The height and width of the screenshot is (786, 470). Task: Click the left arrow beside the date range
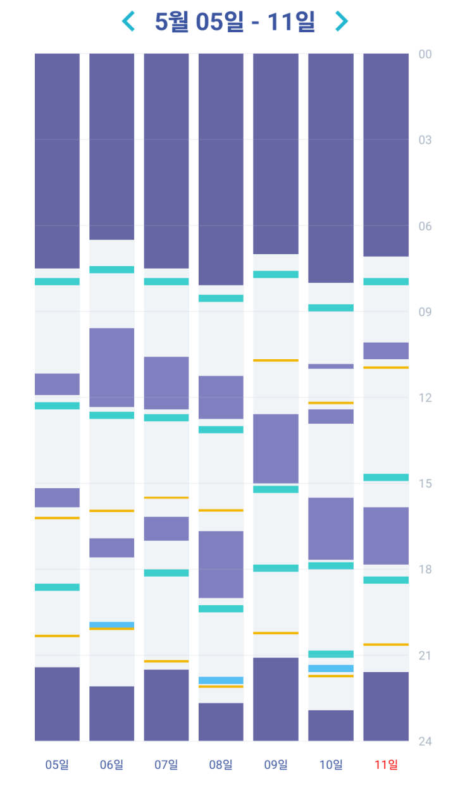[128, 21]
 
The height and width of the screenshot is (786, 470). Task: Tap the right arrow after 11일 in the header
[341, 21]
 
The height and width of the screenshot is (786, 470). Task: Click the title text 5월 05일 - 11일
[235, 21]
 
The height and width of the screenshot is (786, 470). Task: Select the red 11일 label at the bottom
[386, 765]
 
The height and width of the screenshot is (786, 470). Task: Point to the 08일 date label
[221, 765]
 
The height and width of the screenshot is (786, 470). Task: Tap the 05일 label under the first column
[57, 765]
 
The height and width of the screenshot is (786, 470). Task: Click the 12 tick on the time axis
[424, 398]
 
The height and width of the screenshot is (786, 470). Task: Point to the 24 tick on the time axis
[424, 741]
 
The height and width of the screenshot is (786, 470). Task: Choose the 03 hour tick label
[424, 140]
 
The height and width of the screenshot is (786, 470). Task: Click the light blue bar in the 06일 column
[111, 624]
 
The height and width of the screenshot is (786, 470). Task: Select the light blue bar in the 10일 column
[331, 668]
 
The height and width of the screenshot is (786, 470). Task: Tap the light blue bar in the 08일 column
[221, 680]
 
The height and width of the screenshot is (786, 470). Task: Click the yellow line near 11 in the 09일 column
[276, 360]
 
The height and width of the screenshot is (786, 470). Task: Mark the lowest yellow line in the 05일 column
[57, 636]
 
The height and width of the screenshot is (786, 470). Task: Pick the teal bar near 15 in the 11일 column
[386, 477]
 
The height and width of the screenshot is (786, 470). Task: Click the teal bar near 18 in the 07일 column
[166, 573]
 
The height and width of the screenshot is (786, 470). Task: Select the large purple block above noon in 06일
[111, 367]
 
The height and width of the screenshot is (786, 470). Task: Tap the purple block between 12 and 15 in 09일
[276, 448]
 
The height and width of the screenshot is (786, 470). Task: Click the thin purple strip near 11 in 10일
[331, 366]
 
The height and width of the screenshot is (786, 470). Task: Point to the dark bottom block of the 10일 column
[331, 725]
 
